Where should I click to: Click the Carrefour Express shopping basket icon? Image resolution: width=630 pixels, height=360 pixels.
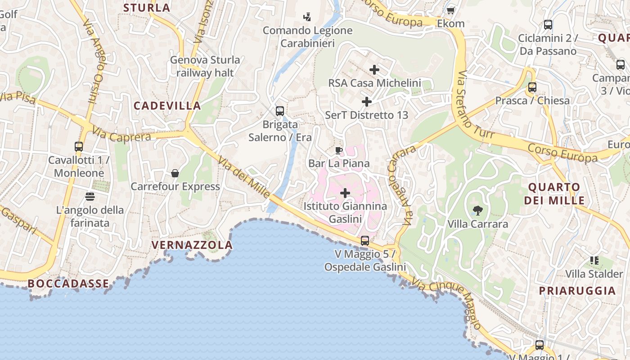click(175, 173)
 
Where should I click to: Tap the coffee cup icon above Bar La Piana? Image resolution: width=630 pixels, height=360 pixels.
click(339, 150)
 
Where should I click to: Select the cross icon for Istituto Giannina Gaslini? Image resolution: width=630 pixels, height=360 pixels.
click(345, 193)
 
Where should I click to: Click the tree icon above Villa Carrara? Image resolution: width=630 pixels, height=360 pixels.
click(477, 210)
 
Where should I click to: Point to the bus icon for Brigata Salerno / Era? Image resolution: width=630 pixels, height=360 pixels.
click(280, 111)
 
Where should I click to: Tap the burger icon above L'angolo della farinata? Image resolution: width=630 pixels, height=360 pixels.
click(90, 196)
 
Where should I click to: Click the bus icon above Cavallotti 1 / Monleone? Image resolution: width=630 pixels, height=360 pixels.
click(79, 146)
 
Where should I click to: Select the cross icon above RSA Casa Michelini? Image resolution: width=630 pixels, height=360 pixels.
click(374, 70)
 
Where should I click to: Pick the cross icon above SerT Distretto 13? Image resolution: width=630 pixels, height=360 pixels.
click(367, 102)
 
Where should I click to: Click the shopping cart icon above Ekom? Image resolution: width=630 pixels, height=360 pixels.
click(450, 10)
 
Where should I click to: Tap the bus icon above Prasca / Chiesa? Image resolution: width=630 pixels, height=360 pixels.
click(532, 87)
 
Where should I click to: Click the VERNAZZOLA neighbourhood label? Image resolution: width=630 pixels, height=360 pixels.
click(192, 245)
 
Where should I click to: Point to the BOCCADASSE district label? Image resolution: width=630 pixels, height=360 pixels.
click(68, 283)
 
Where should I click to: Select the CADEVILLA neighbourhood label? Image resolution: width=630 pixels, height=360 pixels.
click(167, 106)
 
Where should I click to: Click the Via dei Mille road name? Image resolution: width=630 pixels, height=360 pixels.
click(244, 176)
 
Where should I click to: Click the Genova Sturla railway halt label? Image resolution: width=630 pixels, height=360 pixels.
click(205, 66)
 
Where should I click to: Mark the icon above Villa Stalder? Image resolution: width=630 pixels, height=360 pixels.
click(594, 260)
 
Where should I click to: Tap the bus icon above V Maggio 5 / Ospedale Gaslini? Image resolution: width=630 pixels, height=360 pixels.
click(365, 241)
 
